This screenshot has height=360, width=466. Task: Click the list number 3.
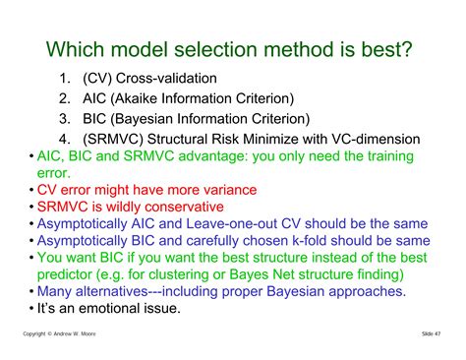[64, 118]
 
